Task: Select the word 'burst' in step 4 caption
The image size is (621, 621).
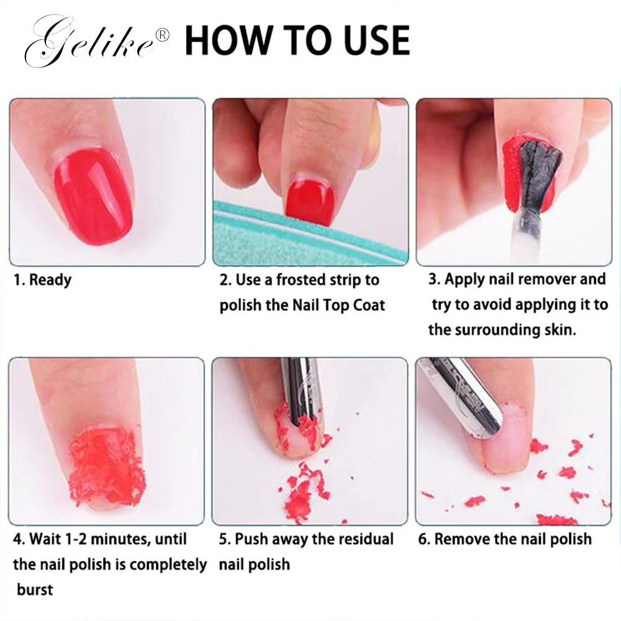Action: (x=35, y=589)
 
